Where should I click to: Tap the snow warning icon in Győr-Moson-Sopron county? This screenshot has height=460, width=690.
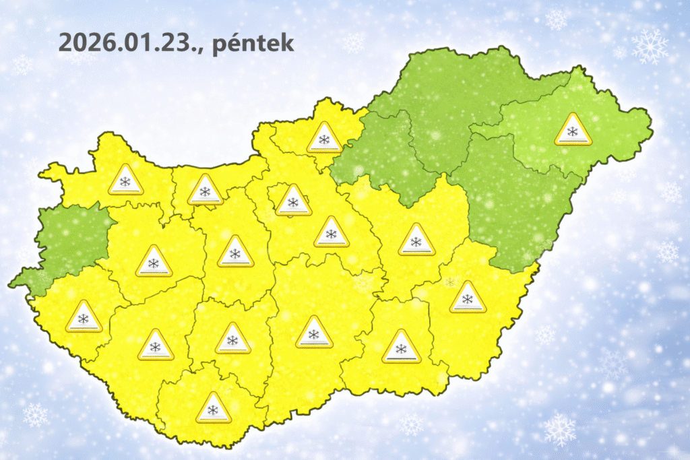pyautogui.click(x=125, y=180)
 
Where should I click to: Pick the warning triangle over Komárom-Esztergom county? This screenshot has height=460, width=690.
pyautogui.click(x=205, y=191)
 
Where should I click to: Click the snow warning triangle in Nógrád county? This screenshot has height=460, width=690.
pyautogui.click(x=324, y=138)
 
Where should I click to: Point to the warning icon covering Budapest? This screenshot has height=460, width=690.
pyautogui.click(x=293, y=201)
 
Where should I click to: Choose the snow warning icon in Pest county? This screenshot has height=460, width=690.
pyautogui.click(x=331, y=232)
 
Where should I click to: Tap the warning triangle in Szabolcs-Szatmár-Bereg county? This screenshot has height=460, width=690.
pyautogui.click(x=573, y=130)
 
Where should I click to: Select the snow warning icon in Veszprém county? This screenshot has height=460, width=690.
pyautogui.click(x=154, y=261)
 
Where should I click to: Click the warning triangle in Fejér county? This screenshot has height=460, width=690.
pyautogui.click(x=235, y=252)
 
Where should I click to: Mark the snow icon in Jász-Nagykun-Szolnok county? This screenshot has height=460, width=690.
pyautogui.click(x=416, y=240)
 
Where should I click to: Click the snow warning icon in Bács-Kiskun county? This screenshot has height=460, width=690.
pyautogui.click(x=313, y=332)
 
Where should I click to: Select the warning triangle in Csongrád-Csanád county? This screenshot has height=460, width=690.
pyautogui.click(x=401, y=347)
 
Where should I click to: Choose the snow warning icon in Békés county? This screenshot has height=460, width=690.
pyautogui.click(x=467, y=297)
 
